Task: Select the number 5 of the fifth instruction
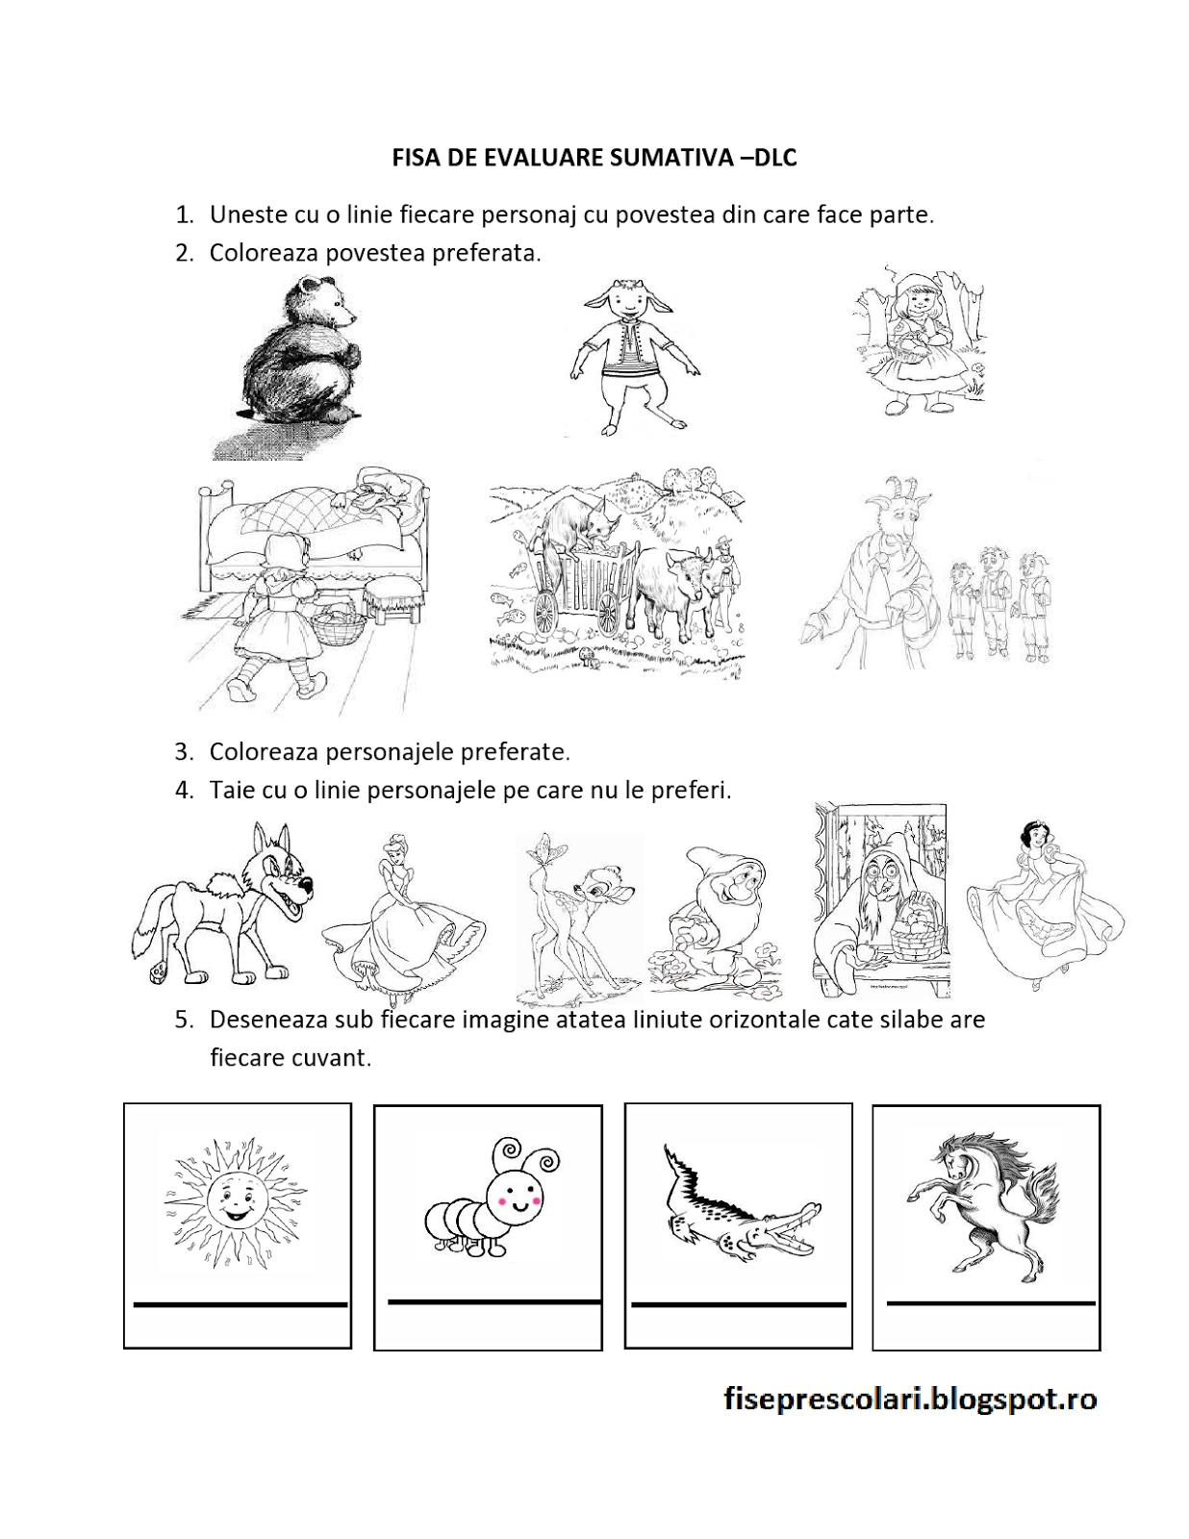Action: click(x=183, y=1021)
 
